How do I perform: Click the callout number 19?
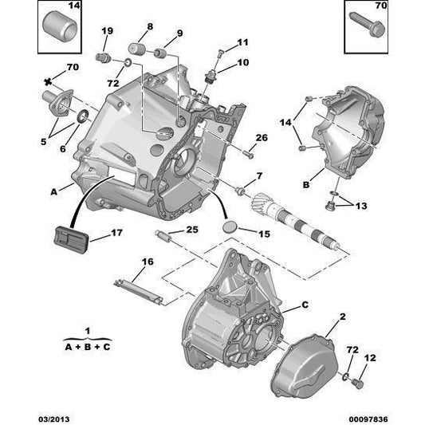pos(106,31)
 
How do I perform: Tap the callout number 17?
pos(116,234)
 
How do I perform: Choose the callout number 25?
pos(191,230)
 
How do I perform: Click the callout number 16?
pos(147,261)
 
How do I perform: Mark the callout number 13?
pos(362,206)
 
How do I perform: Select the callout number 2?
pos(342,317)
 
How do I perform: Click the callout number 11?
pos(242,42)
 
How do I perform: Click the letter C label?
pos(305,304)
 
